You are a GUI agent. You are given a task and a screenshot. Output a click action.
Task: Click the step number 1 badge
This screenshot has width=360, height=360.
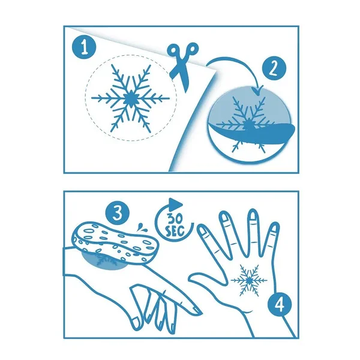pyautogui.click(x=85, y=48)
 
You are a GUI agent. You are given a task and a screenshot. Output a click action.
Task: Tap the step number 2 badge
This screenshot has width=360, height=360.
pyautogui.click(x=274, y=68)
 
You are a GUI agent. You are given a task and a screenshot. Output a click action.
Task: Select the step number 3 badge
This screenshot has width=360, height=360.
pyautogui.click(x=118, y=213)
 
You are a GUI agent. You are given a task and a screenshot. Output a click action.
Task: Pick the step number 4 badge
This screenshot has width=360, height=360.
pyautogui.click(x=280, y=305)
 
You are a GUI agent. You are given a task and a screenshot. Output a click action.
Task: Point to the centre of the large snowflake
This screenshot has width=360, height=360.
pyautogui.click(x=130, y=98)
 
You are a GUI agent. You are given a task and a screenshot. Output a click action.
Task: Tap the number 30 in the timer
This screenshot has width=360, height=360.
pyautogui.click(x=175, y=218)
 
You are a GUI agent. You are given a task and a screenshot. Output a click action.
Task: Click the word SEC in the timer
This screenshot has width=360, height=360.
pyautogui.click(x=175, y=231)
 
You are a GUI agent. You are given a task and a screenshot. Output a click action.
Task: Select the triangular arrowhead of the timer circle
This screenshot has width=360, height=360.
pyautogui.click(x=176, y=204)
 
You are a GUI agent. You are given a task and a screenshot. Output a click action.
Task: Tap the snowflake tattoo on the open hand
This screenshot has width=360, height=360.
pyautogui.click(x=249, y=280)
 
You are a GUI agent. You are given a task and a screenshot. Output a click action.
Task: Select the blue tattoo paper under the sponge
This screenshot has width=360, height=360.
pyautogui.click(x=104, y=262)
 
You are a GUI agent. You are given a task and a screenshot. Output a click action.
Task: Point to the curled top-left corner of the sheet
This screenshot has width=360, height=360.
pyautogui.click(x=69, y=28)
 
